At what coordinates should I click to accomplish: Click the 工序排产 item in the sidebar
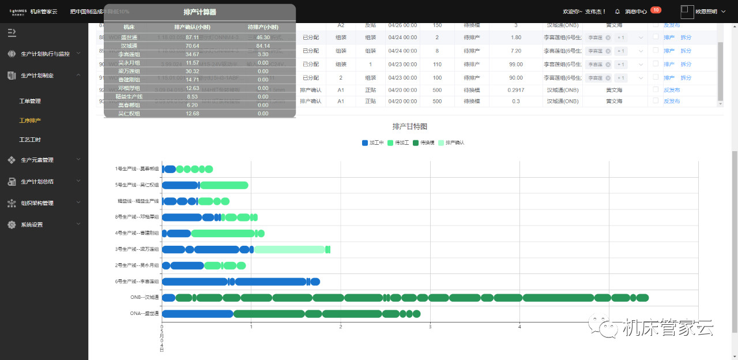pos(30,120)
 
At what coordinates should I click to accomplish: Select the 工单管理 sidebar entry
pos(30,101)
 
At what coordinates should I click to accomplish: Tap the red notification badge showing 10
pos(656,10)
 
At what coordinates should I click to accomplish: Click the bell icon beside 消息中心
pos(617,12)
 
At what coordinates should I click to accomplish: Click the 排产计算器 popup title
pos(199,12)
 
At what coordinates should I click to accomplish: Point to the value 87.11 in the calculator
pos(193,37)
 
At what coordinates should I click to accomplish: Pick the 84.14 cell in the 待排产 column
pos(263,46)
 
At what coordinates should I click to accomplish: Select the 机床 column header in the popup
pos(129,27)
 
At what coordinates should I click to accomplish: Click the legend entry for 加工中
pos(372,142)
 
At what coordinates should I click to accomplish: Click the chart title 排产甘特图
pos(409,126)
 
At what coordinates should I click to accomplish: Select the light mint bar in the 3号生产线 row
pos(289,249)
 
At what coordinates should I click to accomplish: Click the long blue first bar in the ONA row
pos(197,314)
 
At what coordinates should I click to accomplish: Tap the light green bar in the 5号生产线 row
pos(224,185)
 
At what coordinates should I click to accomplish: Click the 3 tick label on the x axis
pos(430,327)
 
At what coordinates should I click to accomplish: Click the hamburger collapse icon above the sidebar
pos(12,32)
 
